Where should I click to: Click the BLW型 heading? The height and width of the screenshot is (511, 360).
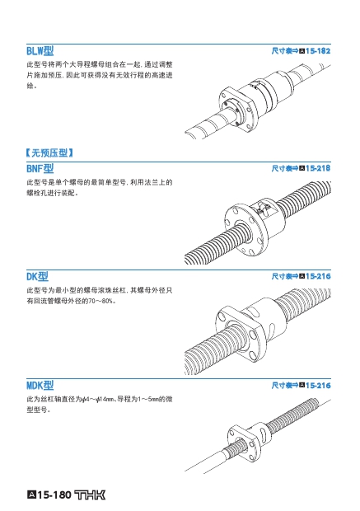40,51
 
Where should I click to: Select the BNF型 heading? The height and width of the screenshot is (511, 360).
40,168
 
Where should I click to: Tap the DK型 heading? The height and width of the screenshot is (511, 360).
37,276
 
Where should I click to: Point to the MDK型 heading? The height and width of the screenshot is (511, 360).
40,385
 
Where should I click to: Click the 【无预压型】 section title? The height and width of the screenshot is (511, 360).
49,152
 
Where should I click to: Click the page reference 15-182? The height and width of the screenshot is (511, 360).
318,51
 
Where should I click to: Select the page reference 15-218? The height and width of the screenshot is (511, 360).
318,168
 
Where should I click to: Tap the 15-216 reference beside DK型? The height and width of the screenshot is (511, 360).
318,276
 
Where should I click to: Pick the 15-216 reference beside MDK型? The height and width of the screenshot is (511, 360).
318,386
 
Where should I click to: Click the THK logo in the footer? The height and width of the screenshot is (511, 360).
91,495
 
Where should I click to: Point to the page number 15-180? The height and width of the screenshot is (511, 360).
54,495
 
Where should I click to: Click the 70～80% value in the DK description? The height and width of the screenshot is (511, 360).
101,301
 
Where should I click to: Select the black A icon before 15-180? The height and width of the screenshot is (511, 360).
31,495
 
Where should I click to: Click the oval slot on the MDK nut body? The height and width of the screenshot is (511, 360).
264,433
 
